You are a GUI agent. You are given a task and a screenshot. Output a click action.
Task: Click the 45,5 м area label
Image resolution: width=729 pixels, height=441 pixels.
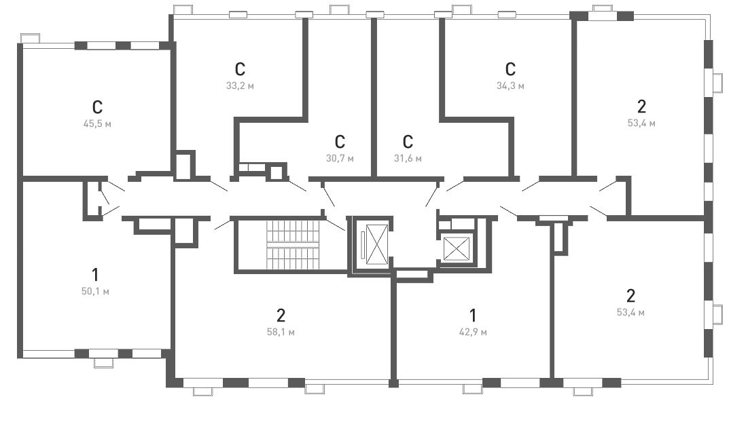[x=97, y=124]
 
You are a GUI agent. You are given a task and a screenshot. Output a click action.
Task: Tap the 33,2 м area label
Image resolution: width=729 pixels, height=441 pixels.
[x=240, y=86]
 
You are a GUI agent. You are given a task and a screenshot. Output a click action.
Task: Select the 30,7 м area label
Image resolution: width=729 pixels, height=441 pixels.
[x=340, y=158]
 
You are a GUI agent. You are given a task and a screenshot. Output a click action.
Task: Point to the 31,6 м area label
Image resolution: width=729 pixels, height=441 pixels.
[x=408, y=158]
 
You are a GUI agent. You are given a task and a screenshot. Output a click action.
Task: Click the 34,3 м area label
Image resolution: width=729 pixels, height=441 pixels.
[x=510, y=86]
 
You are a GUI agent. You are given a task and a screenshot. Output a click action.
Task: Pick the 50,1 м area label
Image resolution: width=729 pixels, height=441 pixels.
[x=95, y=292]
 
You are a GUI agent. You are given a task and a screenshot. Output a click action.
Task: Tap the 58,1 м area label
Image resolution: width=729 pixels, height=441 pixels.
[x=281, y=332]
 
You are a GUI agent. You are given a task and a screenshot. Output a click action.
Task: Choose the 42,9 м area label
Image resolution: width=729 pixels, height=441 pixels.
[x=473, y=332]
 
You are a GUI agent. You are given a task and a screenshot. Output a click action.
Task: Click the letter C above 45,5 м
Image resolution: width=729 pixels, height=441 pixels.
[x=97, y=107]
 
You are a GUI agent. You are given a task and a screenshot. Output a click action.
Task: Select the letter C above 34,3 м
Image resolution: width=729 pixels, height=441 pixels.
[x=510, y=69]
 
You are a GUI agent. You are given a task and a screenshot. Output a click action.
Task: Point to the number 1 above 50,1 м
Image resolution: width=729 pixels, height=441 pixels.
[x=95, y=275]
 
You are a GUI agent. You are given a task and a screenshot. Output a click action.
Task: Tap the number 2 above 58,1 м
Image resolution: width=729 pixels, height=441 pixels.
[x=281, y=315]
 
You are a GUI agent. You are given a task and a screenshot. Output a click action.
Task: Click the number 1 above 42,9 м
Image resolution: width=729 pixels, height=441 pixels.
[x=473, y=315]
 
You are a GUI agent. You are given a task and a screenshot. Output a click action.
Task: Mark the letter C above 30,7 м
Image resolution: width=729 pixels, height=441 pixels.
[x=340, y=142]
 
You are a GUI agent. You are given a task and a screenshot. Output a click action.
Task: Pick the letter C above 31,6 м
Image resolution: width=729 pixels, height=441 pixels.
[x=408, y=142]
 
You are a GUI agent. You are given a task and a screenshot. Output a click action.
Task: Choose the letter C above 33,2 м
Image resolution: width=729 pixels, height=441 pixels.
[x=240, y=69]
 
